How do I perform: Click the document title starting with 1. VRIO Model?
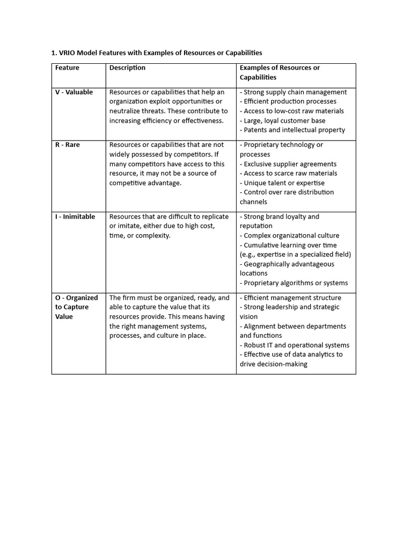tap(157, 53)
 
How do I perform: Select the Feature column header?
tap(67, 68)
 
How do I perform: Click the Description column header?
tap(127, 68)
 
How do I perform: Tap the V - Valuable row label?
tap(74, 92)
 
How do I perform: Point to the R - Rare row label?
tap(68, 145)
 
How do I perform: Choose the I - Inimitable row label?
tap(75, 217)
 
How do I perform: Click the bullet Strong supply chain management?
tap(293, 92)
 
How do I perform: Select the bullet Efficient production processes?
tap(288, 101)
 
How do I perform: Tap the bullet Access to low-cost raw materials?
tap(292, 111)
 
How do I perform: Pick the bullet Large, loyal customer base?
tap(283, 121)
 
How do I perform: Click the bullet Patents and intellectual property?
tap(292, 130)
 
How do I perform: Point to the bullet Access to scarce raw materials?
tap(289, 173)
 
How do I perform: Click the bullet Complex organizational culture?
tap(290, 235)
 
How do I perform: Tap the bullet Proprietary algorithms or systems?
tap(294, 283)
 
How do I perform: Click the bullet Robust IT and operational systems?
tap(295, 345)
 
